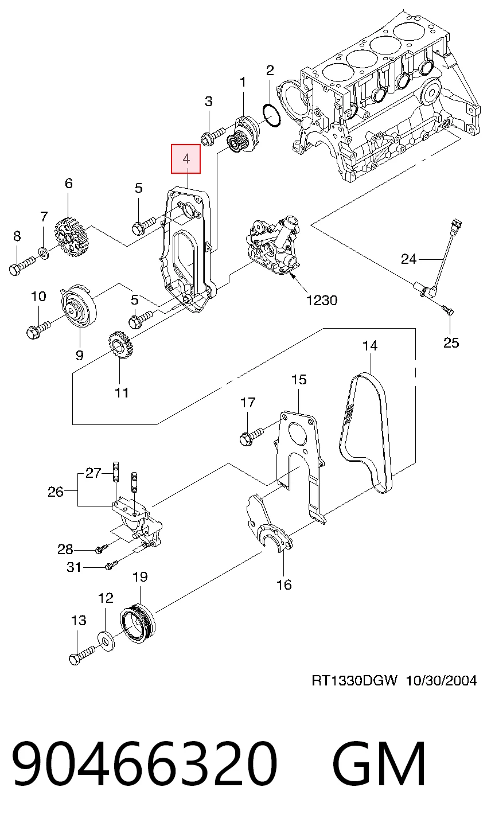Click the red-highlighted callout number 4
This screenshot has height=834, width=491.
point(186,159)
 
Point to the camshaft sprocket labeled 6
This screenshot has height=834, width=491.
point(70,237)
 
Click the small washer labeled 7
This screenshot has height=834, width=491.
point(44,253)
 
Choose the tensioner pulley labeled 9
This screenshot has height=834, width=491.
point(79,306)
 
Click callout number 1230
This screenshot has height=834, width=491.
point(322,300)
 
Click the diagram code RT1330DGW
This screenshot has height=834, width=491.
point(354,681)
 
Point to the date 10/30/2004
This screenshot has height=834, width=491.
point(441,681)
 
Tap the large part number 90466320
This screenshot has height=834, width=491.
point(145,763)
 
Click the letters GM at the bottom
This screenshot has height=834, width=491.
point(379,763)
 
